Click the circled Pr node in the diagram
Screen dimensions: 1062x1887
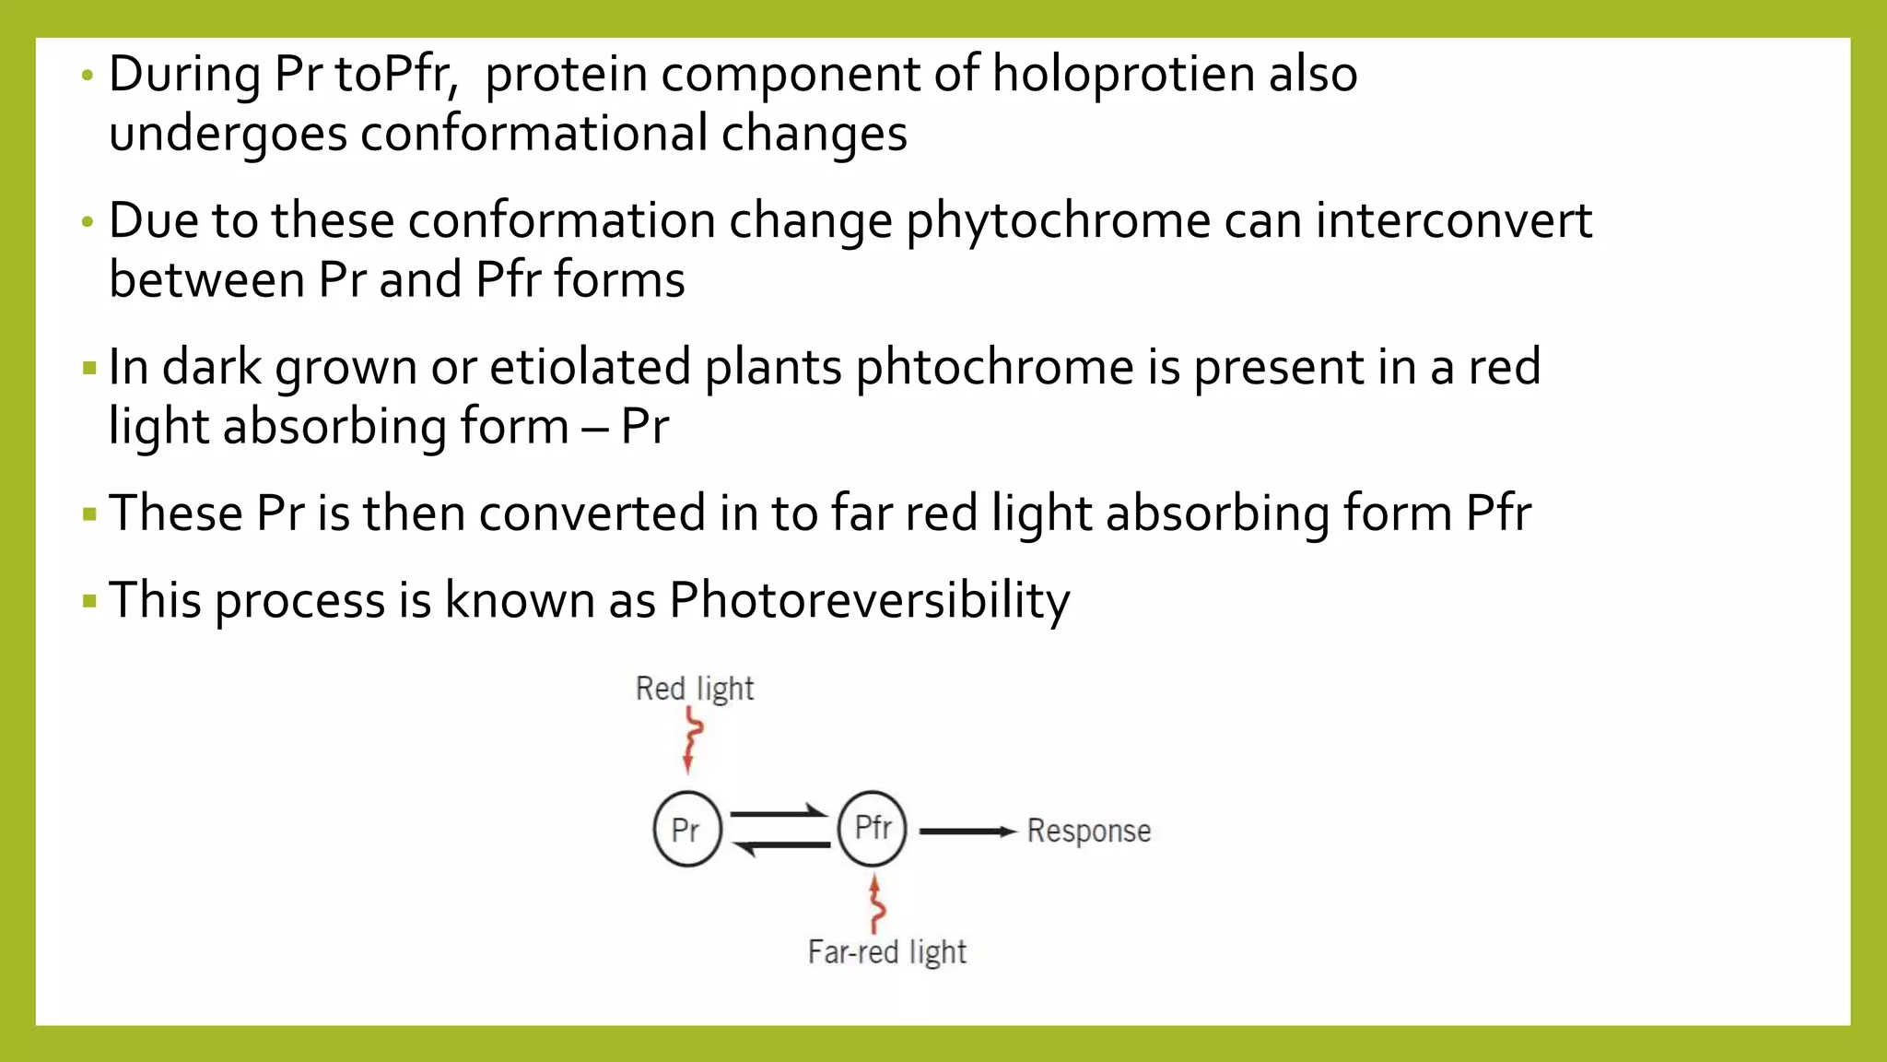pyautogui.click(x=686, y=829)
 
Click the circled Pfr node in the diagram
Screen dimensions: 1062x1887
pyautogui.click(x=872, y=828)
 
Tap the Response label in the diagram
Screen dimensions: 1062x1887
pyautogui.click(x=1088, y=831)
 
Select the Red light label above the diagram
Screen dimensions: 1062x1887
pyautogui.click(x=694, y=689)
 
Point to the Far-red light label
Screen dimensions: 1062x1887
pyautogui.click(x=886, y=951)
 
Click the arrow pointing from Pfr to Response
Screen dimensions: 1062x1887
pyautogui.click(x=967, y=832)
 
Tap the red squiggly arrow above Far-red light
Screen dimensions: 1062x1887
pyautogui.click(x=876, y=903)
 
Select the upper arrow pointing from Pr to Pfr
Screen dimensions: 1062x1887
pyautogui.click(x=779, y=813)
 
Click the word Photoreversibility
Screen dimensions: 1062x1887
pyautogui.click(x=869, y=600)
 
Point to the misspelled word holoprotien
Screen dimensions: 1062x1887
pyautogui.click(x=1122, y=74)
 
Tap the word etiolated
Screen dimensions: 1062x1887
pyautogui.click(x=590, y=367)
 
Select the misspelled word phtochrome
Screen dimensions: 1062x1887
pyautogui.click(x=994, y=367)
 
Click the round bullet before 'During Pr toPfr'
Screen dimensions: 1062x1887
pyautogui.click(x=88, y=76)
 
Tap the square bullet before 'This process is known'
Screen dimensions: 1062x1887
pyautogui.click(x=89, y=602)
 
